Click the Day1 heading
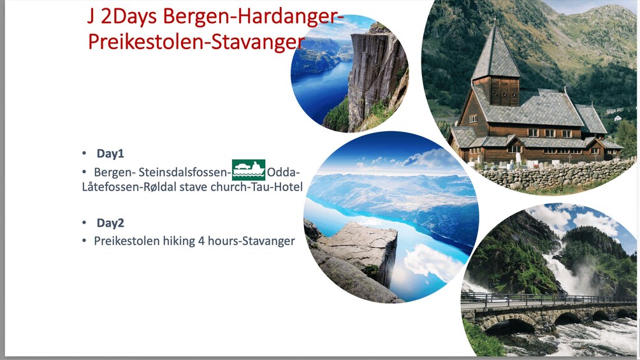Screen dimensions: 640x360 110,154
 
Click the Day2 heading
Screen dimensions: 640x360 110,223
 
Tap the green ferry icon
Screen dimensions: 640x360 249,169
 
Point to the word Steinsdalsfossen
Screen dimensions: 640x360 183,172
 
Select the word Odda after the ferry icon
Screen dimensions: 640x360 282,172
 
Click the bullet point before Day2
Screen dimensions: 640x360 84,223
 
